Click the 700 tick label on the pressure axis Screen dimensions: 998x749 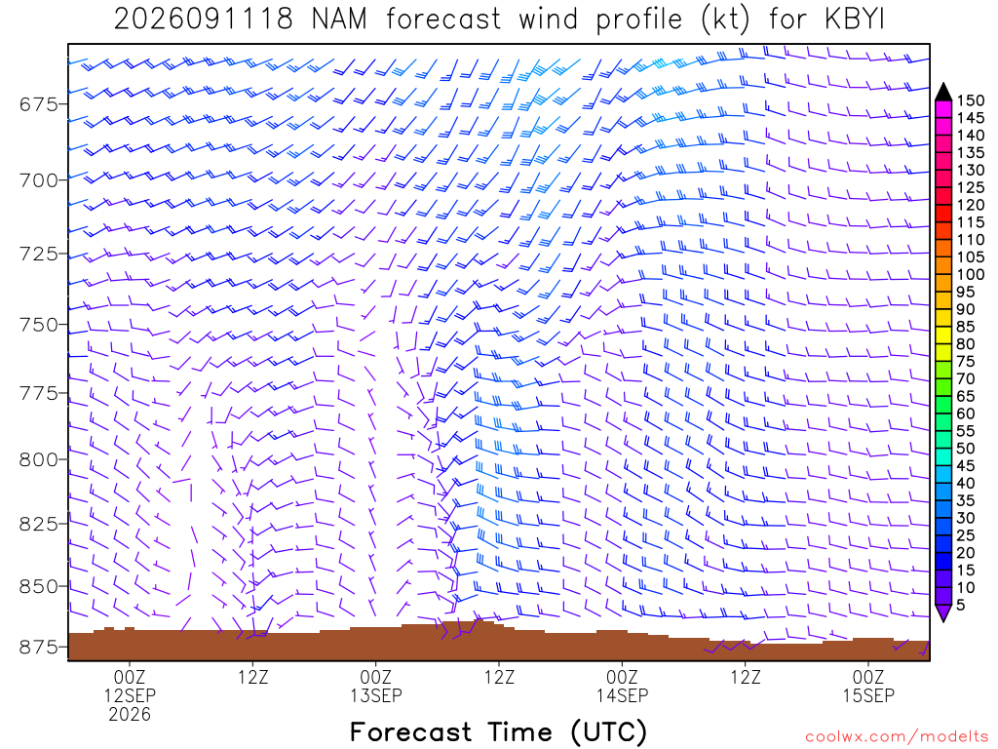[38, 180]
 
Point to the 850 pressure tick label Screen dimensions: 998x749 [38, 586]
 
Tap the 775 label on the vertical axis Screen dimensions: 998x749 [38, 393]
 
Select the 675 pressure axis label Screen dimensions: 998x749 [38, 103]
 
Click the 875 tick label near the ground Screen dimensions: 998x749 [38, 648]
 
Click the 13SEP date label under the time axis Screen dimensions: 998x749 [376, 695]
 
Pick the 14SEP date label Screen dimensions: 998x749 [622, 695]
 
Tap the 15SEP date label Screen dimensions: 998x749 [868, 695]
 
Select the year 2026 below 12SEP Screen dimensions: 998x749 [130, 715]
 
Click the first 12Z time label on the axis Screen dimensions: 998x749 [253, 677]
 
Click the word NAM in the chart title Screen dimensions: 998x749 [340, 20]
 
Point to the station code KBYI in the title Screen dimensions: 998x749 [855, 20]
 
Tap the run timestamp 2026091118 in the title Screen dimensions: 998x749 [203, 20]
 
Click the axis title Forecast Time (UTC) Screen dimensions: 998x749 [498, 731]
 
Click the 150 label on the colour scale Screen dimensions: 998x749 [971, 100]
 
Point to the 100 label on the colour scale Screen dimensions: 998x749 [971, 274]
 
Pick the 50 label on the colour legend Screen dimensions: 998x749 [966, 449]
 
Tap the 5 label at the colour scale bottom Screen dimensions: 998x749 [961, 605]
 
